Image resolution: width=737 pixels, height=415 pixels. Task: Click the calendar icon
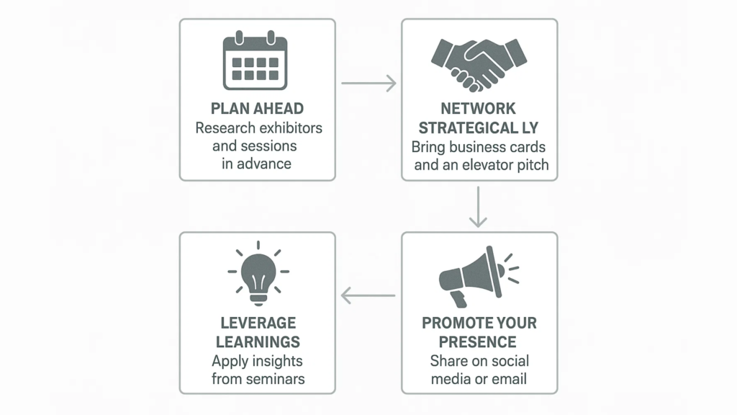[256, 61]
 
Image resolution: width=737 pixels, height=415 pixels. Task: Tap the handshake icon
[479, 65]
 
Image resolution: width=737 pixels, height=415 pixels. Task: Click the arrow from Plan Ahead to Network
[369, 84]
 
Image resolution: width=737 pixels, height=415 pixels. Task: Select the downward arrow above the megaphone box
[478, 207]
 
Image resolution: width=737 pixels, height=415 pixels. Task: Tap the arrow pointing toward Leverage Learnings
[368, 296]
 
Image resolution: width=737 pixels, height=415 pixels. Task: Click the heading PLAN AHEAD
[257, 109]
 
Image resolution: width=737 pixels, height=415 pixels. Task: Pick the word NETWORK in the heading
[478, 109]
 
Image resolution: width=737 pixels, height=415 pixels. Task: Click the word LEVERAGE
[258, 323]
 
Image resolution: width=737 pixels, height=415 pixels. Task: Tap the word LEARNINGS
[258, 342]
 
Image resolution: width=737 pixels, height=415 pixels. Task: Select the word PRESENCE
[478, 342]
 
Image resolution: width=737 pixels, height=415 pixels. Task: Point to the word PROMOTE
[456, 323]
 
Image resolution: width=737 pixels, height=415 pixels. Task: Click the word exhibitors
[291, 128]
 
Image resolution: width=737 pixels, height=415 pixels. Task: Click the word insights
[273, 362]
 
